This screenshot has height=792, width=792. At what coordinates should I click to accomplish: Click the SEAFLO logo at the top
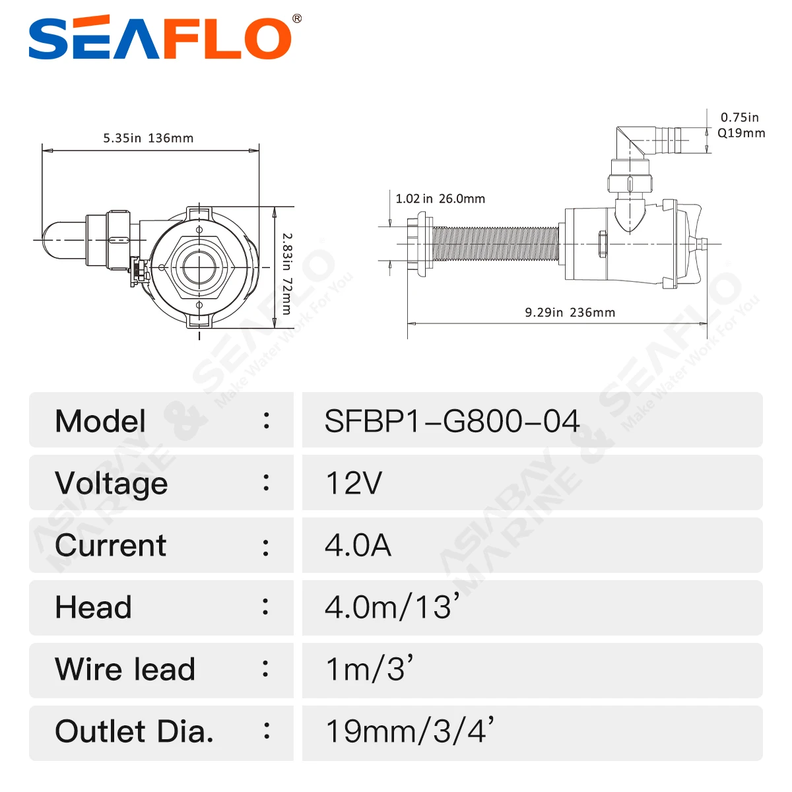(162, 38)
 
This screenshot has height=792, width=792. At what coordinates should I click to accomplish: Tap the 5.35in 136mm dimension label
(148, 138)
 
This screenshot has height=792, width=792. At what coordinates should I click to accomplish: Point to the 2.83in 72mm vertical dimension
(286, 273)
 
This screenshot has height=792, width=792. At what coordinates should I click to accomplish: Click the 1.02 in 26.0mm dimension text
(440, 199)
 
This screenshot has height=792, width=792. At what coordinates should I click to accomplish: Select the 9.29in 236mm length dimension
(570, 312)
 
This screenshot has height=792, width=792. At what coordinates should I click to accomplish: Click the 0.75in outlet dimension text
(739, 117)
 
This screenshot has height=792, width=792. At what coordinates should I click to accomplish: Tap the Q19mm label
(741, 133)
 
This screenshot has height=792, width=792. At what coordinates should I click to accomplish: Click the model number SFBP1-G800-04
(452, 421)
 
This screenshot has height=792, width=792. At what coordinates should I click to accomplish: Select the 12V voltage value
(354, 483)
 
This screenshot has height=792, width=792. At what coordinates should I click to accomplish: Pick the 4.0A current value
(358, 545)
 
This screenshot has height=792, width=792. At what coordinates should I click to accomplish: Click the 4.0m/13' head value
(391, 607)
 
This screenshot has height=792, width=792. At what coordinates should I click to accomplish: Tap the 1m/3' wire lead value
(369, 669)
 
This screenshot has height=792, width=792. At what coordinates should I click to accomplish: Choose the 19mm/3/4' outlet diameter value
(409, 731)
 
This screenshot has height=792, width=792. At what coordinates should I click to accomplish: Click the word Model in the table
(100, 421)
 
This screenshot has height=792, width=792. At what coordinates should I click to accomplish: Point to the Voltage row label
(111, 483)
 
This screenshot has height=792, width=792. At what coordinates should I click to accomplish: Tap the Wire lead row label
(125, 669)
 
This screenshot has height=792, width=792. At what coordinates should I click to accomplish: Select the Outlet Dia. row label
(134, 731)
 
